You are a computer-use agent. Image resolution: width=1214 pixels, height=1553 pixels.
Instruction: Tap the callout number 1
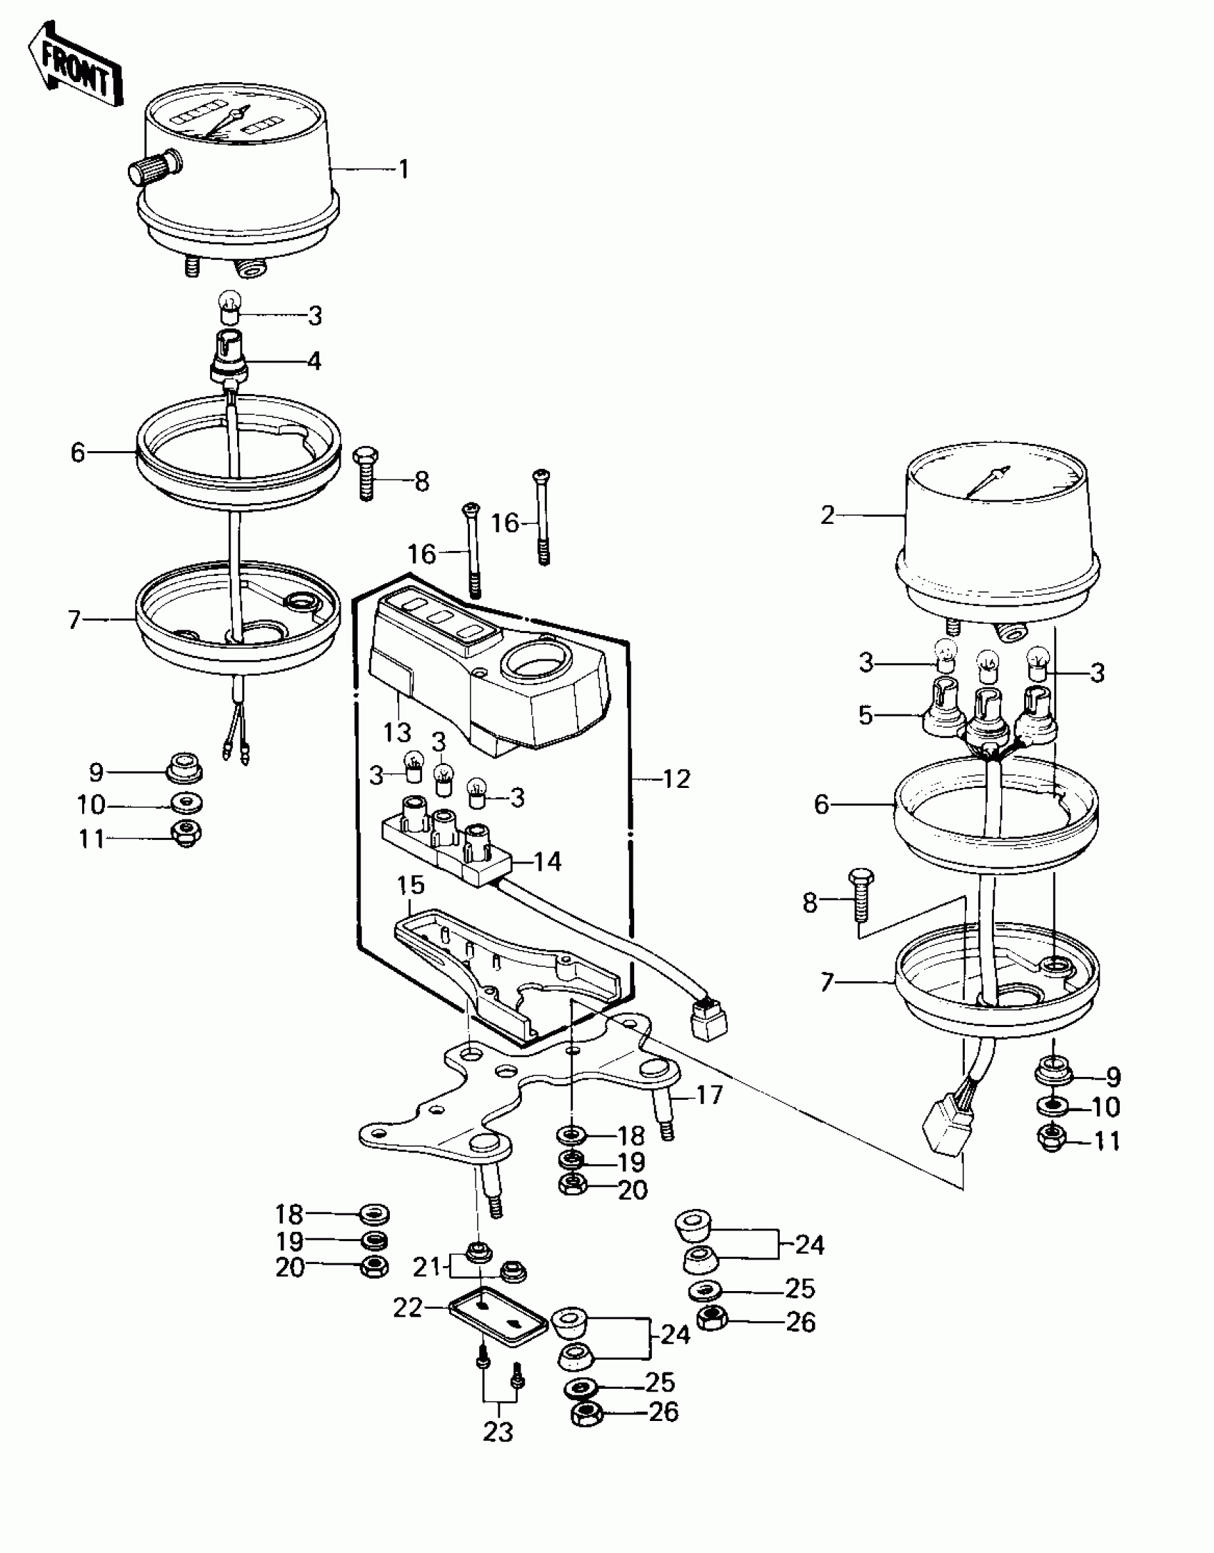[403, 170]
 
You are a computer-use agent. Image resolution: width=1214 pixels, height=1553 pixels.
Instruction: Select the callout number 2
[827, 515]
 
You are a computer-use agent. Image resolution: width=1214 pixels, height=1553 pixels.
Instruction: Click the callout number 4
[314, 361]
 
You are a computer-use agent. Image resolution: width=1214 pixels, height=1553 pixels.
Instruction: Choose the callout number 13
[397, 732]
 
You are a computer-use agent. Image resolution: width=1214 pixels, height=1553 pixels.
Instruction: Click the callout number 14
[547, 861]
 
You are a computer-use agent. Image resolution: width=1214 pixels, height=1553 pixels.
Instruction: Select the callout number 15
[411, 885]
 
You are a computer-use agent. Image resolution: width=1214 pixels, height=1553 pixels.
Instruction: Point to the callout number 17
[709, 1095]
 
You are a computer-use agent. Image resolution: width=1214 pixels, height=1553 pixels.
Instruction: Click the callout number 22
[408, 1308]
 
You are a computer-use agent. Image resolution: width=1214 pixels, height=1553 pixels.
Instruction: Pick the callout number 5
[866, 715]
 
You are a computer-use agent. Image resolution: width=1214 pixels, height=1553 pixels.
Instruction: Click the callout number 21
[426, 1267]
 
